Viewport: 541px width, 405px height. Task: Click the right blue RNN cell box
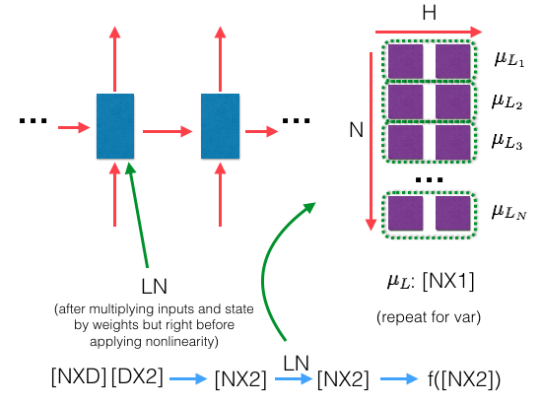220,126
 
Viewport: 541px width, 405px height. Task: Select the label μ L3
508,139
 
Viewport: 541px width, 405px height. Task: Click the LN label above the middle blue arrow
296,363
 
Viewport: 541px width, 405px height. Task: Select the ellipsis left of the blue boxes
34,122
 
